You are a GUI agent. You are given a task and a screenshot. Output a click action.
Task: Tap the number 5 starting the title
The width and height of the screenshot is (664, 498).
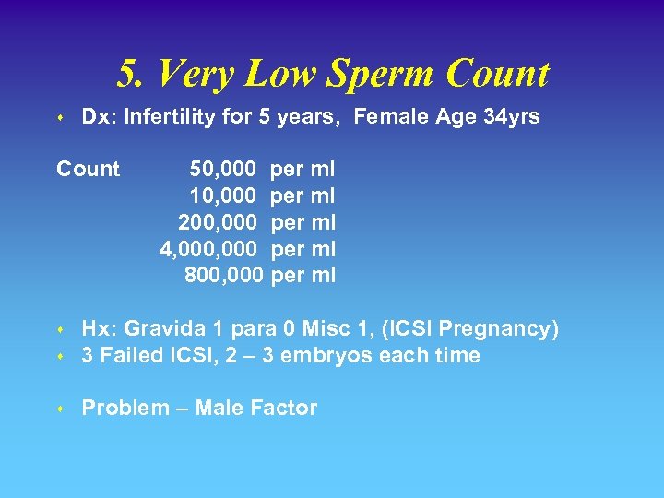[x=126, y=75]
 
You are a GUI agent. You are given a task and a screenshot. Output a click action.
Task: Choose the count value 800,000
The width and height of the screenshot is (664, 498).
[x=224, y=275]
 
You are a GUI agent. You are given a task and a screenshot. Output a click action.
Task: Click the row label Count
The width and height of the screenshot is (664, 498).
[x=88, y=170]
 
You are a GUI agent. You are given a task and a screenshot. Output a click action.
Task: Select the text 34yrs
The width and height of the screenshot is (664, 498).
[x=512, y=117]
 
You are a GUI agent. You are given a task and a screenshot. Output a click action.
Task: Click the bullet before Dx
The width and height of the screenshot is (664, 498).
[x=59, y=119]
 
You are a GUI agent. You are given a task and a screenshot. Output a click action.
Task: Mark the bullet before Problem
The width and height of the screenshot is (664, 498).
[x=59, y=409]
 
